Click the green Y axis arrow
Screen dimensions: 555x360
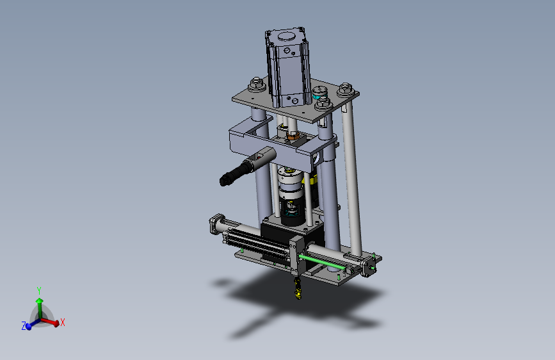[40, 307]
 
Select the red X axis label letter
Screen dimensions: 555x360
[63, 322]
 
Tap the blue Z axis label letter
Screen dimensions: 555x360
[24, 326]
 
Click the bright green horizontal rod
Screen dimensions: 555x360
[322, 262]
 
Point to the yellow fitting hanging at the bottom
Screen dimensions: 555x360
[298, 288]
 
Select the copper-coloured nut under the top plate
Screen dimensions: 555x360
[293, 135]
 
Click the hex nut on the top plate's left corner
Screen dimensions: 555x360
[256, 85]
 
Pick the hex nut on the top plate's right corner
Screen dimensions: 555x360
[346, 90]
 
